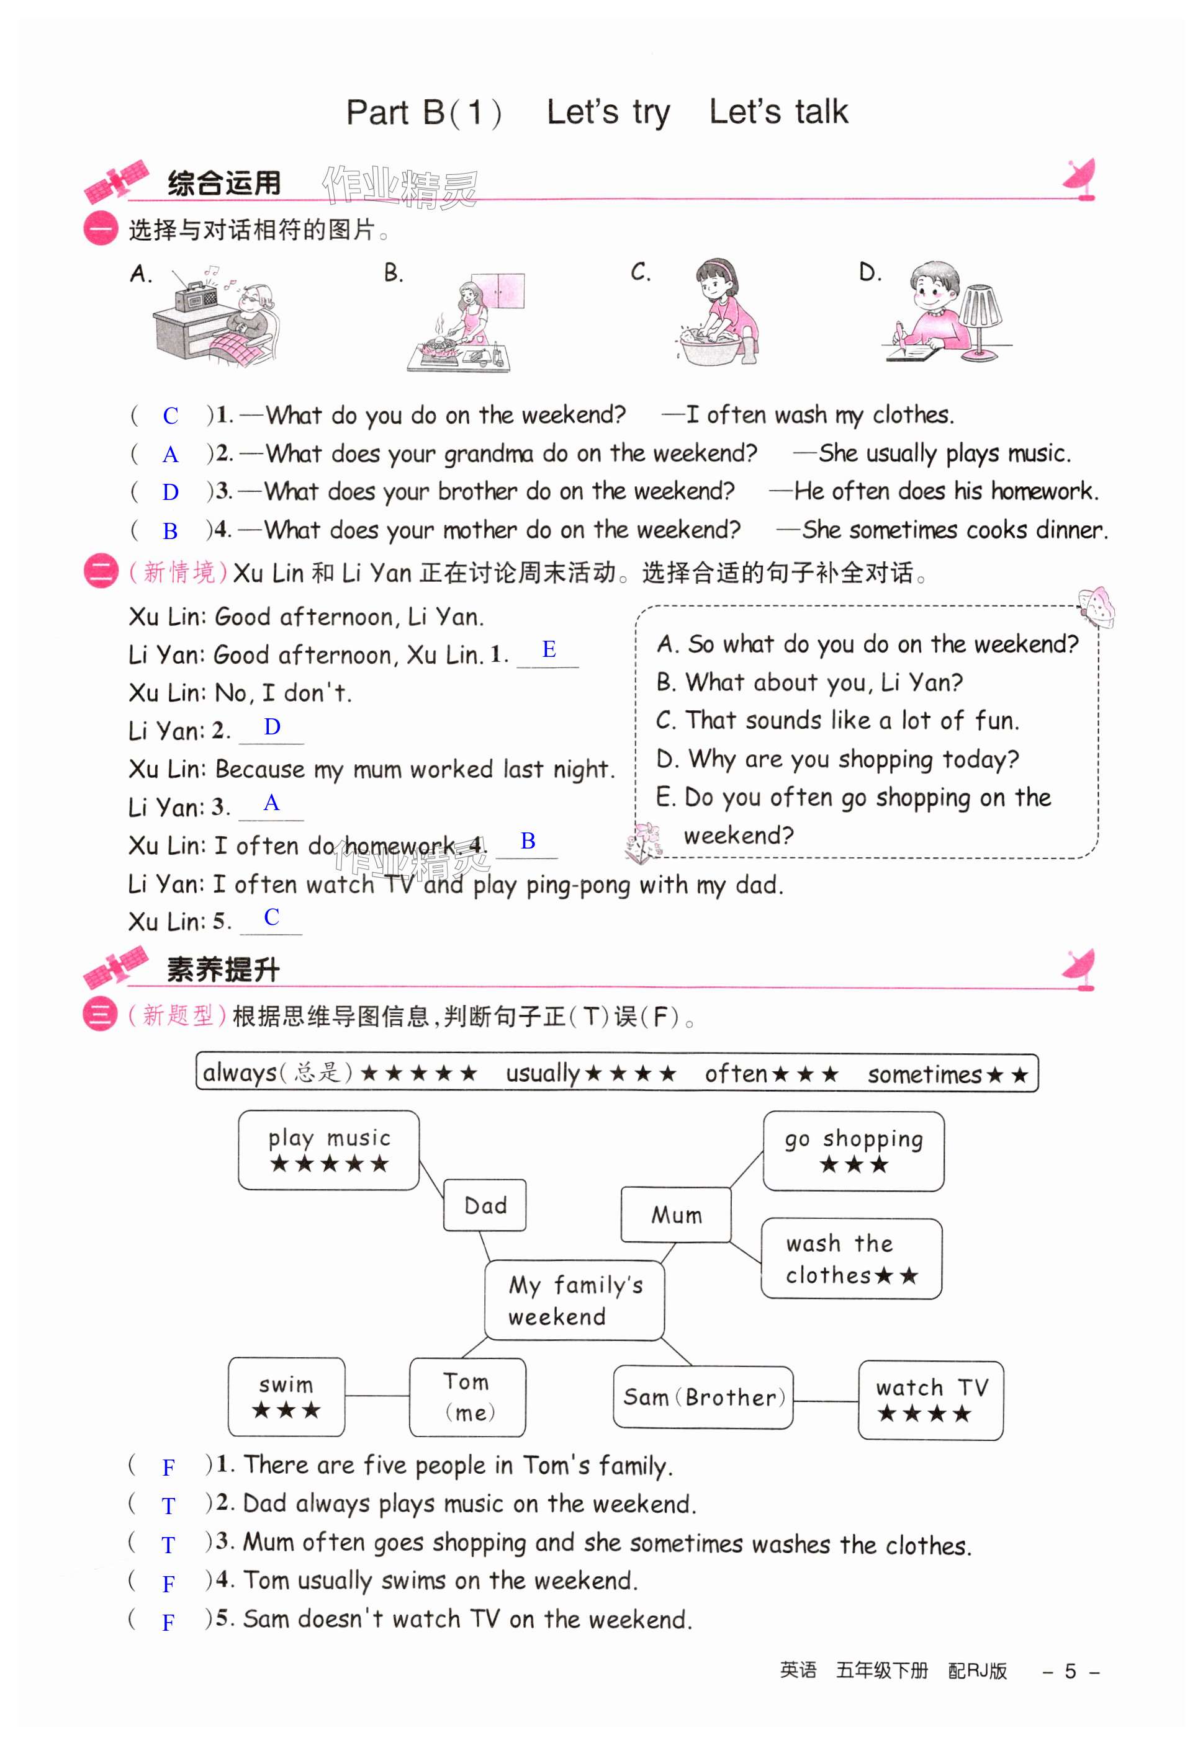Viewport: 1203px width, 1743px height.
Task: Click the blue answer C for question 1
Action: [x=170, y=416]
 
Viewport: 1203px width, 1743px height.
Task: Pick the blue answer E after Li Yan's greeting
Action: [x=549, y=649]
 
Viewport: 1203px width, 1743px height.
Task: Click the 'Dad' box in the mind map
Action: [x=485, y=1205]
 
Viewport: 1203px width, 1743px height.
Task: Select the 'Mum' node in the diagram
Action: [x=676, y=1215]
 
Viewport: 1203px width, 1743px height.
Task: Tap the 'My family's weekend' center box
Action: [x=574, y=1301]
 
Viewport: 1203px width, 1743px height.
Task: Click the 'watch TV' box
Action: [x=931, y=1400]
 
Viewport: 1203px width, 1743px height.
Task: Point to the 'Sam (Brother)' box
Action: [x=703, y=1398]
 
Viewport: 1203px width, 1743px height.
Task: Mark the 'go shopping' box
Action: [x=854, y=1151]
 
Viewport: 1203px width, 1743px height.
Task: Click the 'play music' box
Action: [x=328, y=1150]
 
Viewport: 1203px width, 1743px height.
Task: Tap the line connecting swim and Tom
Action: [x=377, y=1396]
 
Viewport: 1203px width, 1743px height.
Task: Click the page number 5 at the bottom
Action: [x=1070, y=1672]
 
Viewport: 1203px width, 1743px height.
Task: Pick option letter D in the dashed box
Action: [x=666, y=759]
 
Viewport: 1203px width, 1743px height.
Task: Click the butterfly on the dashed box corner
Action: [x=1097, y=607]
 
